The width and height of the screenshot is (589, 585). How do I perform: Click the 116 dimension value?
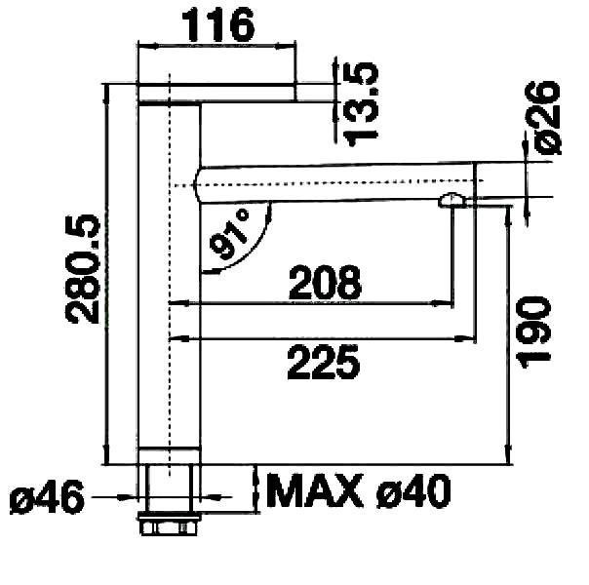click(x=217, y=25)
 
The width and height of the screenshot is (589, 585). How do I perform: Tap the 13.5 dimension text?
click(x=362, y=103)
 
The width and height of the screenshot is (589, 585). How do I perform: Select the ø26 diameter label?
click(x=545, y=117)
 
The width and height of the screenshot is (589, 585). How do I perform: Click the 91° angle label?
click(x=230, y=236)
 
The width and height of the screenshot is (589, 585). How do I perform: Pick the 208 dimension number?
click(x=325, y=282)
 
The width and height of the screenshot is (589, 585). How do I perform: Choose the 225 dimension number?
click(x=324, y=363)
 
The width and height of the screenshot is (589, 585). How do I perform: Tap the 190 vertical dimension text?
click(x=533, y=332)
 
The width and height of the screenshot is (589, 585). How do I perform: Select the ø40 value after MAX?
click(x=412, y=490)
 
